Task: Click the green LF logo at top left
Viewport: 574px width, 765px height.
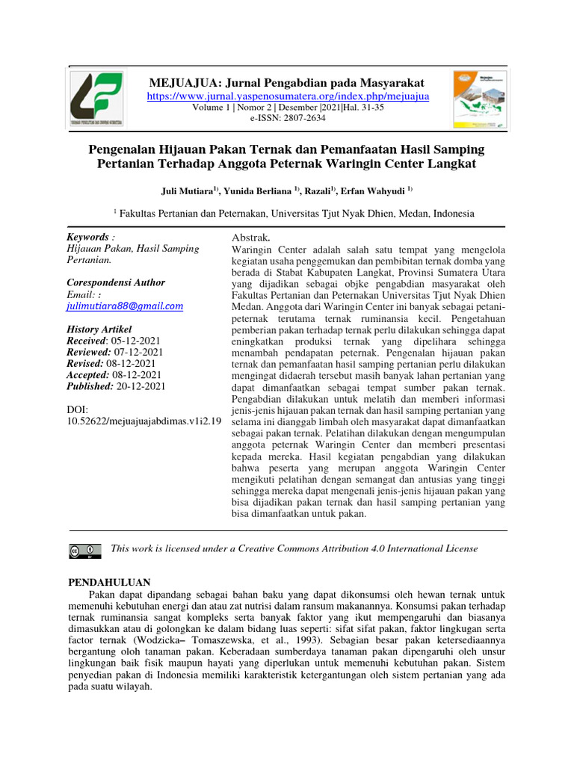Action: tap(98, 99)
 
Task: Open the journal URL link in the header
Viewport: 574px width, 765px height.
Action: tap(288, 96)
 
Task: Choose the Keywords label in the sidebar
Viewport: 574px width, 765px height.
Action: tap(87, 237)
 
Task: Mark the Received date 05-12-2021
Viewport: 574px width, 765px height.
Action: tap(135, 341)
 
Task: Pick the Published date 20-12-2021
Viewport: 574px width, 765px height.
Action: tap(140, 386)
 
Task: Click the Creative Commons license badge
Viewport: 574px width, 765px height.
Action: tap(84, 551)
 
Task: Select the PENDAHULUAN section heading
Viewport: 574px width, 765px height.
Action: tap(110, 583)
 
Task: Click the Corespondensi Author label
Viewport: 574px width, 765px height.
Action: tap(116, 282)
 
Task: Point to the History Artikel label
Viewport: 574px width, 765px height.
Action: tap(99, 329)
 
